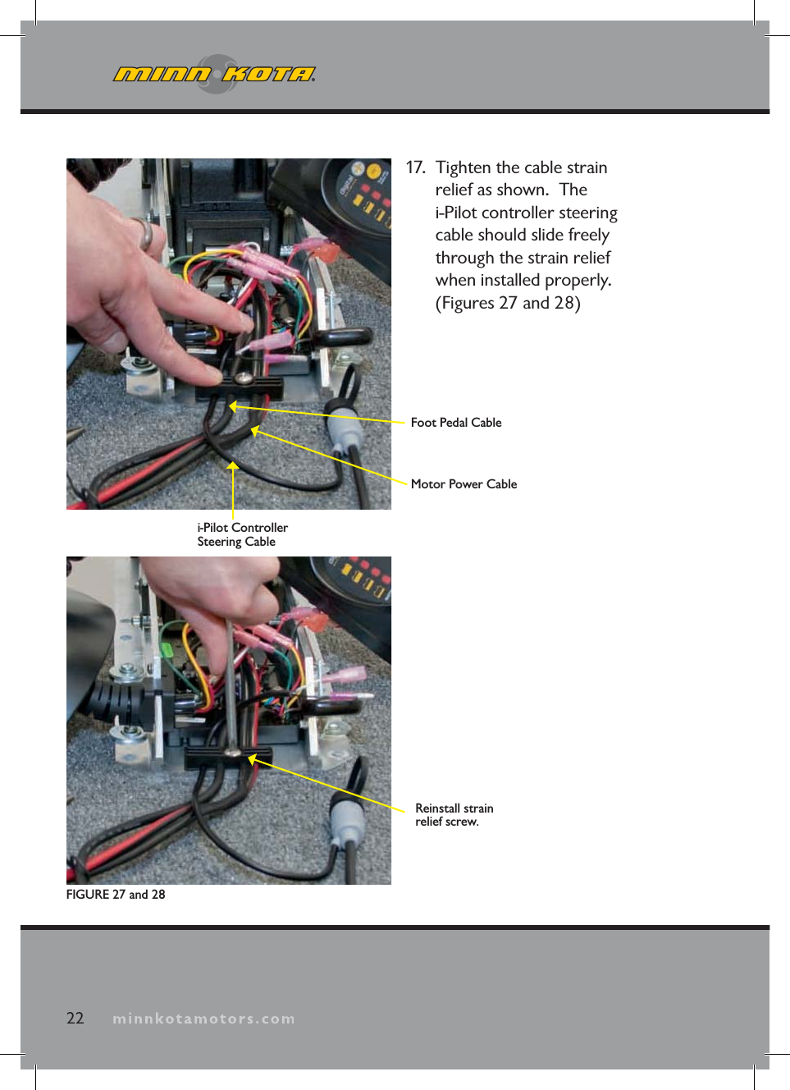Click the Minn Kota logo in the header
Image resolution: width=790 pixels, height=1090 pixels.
coord(214,75)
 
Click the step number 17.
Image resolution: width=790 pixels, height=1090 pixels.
coord(415,167)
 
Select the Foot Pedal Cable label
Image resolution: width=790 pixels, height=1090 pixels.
coord(455,423)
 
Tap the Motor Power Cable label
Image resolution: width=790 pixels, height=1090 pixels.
coord(463,484)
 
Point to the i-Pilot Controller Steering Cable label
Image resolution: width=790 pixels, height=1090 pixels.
coord(242,534)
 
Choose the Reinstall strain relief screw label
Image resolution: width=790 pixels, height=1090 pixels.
coord(454,815)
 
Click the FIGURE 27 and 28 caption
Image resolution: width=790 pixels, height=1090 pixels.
coord(116,895)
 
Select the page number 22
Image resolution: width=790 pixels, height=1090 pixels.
coord(75,1019)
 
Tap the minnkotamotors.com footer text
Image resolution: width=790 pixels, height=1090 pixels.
coord(203,1019)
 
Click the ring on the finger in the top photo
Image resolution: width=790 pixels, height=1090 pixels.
coord(144,234)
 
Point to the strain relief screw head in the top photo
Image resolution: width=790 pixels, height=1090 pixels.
coord(244,378)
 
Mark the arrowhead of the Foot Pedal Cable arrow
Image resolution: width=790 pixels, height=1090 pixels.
coord(233,405)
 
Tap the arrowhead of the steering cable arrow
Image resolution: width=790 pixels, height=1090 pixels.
coord(233,466)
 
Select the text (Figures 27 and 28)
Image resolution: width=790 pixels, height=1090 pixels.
coord(508,303)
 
